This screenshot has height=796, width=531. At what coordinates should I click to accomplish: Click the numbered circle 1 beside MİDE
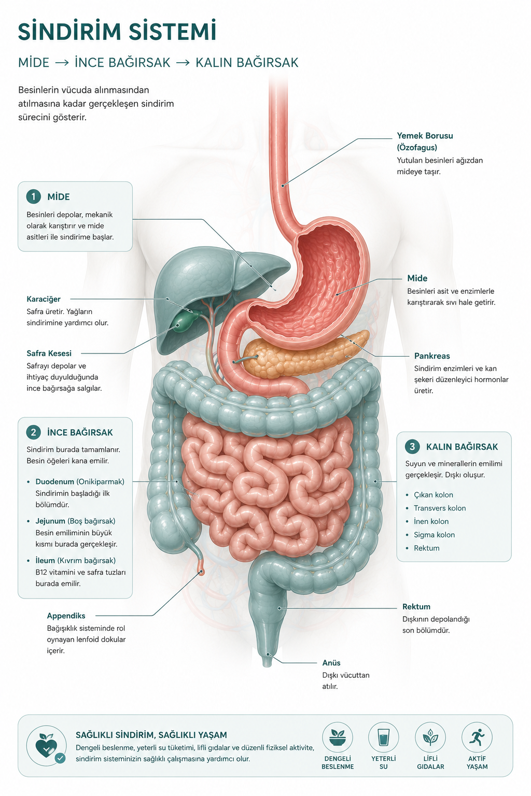[x=33, y=196]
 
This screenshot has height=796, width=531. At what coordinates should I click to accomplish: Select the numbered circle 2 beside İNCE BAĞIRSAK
[x=33, y=432]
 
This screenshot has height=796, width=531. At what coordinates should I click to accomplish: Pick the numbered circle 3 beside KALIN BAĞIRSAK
[x=412, y=446]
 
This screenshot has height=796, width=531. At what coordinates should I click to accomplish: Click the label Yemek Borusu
[x=425, y=135]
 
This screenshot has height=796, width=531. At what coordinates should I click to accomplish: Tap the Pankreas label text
[x=432, y=356]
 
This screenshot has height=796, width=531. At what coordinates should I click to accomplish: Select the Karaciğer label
[x=44, y=299]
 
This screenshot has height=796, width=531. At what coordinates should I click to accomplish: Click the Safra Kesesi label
[x=49, y=353]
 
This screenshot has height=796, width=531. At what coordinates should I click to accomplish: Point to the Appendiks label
[x=66, y=616]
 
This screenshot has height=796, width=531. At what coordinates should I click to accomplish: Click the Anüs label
[x=331, y=663]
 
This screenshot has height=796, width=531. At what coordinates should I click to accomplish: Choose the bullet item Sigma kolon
[x=434, y=534]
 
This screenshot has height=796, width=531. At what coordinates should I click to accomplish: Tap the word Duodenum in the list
[x=55, y=481]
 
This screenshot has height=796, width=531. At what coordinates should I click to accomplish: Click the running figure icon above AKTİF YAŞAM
[x=477, y=737]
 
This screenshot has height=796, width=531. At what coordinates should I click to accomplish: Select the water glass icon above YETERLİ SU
[x=383, y=737]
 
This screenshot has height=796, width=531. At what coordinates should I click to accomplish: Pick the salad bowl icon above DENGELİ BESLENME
[x=338, y=737]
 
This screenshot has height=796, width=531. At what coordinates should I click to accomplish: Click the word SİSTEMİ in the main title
[x=173, y=32]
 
